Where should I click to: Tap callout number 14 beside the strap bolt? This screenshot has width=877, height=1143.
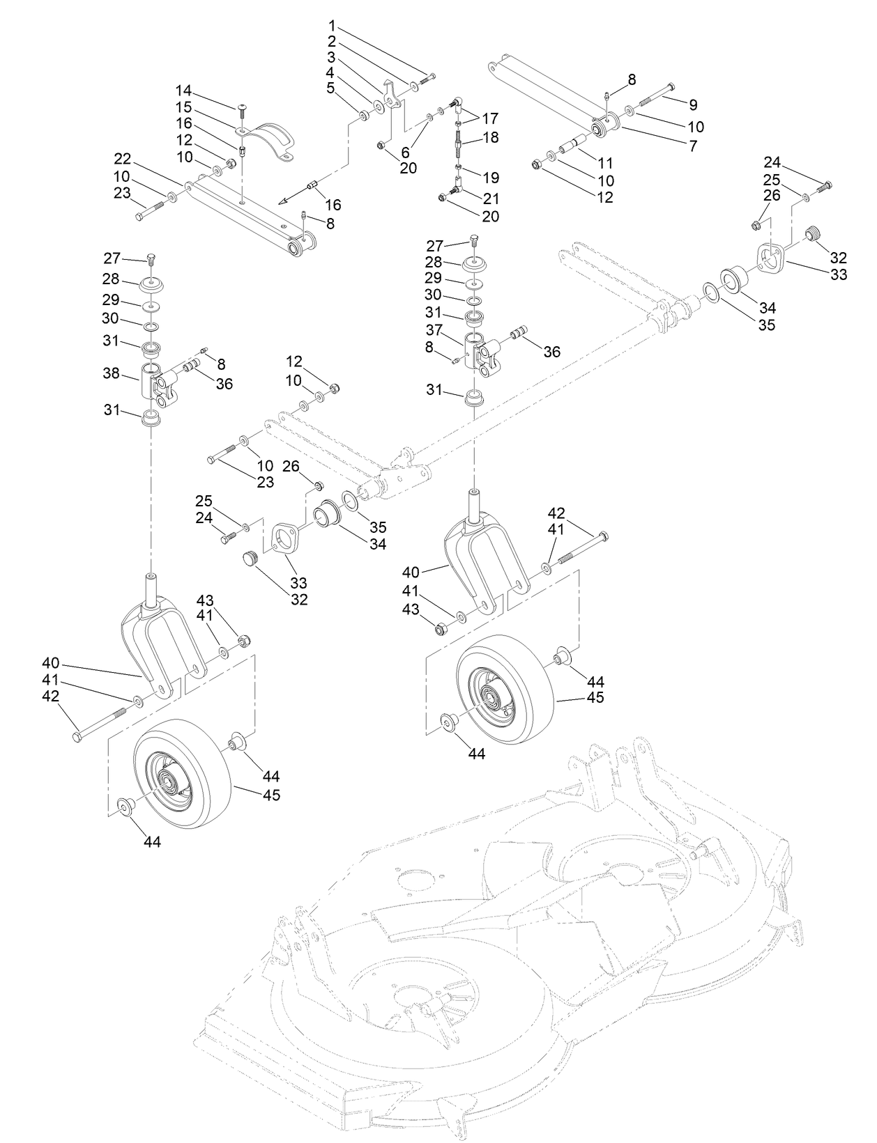183,91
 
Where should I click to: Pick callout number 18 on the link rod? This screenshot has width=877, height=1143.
490,137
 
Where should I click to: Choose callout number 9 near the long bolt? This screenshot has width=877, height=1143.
692,104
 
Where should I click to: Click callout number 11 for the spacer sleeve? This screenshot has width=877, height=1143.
605,163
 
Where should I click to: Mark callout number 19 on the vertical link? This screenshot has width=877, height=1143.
490,178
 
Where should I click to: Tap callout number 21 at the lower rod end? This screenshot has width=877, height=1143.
490,196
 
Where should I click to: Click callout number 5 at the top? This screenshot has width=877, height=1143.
331,87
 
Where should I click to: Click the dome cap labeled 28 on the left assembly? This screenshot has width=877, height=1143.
152,285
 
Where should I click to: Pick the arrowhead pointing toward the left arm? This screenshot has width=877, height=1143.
283,201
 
